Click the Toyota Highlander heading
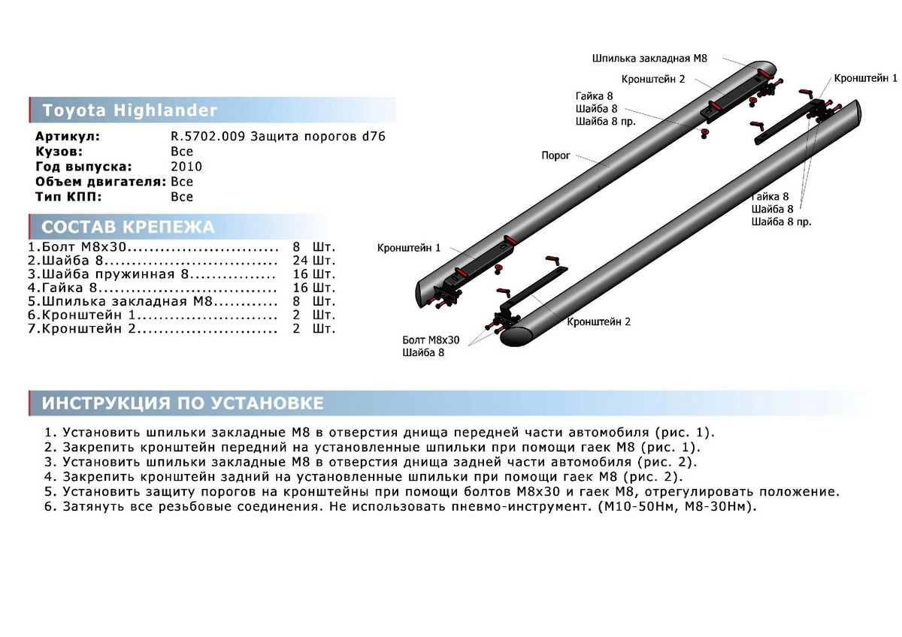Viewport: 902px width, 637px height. click(x=129, y=110)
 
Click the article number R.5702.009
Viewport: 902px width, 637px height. click(x=207, y=137)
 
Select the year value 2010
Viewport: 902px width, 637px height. click(x=186, y=167)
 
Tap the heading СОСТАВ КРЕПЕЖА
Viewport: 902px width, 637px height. click(x=128, y=227)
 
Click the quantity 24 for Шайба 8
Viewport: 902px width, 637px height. click(x=301, y=261)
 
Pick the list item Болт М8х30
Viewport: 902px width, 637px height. click(x=83, y=246)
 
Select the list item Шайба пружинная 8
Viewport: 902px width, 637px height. click(x=115, y=274)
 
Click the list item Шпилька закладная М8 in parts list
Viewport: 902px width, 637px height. click(x=127, y=301)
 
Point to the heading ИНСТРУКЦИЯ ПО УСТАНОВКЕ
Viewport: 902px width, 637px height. click(x=183, y=403)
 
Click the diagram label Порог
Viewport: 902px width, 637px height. click(x=555, y=155)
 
